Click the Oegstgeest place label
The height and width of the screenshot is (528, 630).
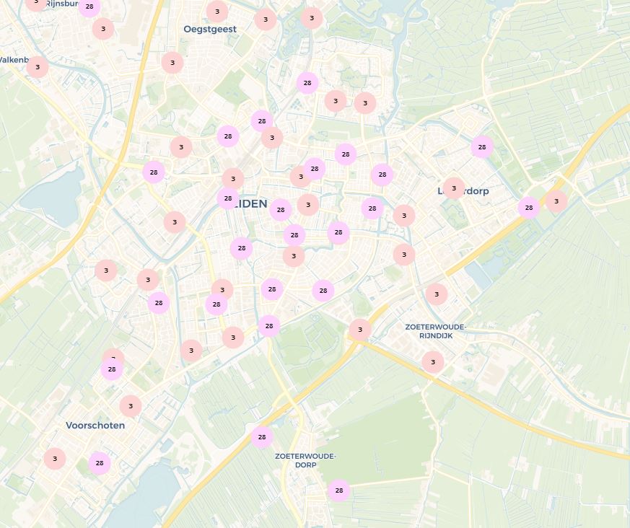click(x=209, y=29)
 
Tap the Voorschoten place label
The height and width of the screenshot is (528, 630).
click(x=95, y=426)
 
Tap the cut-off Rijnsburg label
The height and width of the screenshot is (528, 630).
click(x=61, y=4)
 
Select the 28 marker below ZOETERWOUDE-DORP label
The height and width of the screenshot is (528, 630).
click(x=338, y=490)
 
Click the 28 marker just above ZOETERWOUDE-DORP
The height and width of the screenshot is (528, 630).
click(x=262, y=436)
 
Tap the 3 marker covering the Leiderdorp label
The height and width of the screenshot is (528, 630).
click(x=454, y=189)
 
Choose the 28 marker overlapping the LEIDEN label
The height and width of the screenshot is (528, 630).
click(x=228, y=198)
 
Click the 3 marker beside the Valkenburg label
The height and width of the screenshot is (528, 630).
click(x=38, y=67)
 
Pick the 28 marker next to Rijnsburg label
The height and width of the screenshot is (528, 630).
click(x=89, y=7)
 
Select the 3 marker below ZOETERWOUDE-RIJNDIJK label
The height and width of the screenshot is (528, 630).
click(x=433, y=362)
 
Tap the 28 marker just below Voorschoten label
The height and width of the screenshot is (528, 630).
click(x=100, y=463)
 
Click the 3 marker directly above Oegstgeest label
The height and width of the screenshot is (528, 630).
click(x=217, y=11)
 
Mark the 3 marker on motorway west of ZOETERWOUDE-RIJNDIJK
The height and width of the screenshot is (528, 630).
click(x=360, y=330)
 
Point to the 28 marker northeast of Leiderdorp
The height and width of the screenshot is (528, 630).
click(x=482, y=147)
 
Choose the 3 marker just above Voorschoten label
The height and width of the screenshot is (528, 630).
click(x=131, y=406)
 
